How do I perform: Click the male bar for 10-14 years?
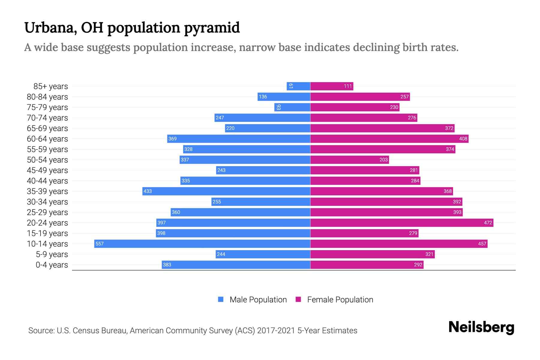[x=202, y=244]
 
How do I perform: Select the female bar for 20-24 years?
[x=401, y=223]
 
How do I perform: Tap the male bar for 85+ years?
[x=298, y=86]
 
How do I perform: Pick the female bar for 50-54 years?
[x=349, y=160]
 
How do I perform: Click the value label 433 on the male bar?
[x=148, y=191]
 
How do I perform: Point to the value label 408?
[x=463, y=139]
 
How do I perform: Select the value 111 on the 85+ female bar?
[x=348, y=86]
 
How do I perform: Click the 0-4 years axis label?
[x=52, y=265]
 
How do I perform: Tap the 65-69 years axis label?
[x=47, y=128]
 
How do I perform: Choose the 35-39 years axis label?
[x=47, y=191]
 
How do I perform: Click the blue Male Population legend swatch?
[x=221, y=299]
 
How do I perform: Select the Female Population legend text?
[x=340, y=300]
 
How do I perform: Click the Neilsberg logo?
[x=481, y=327]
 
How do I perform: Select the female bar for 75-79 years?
[x=355, y=107]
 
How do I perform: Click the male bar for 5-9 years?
[x=263, y=254]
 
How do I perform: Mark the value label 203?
[x=383, y=160]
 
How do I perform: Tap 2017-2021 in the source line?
[x=276, y=331]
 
